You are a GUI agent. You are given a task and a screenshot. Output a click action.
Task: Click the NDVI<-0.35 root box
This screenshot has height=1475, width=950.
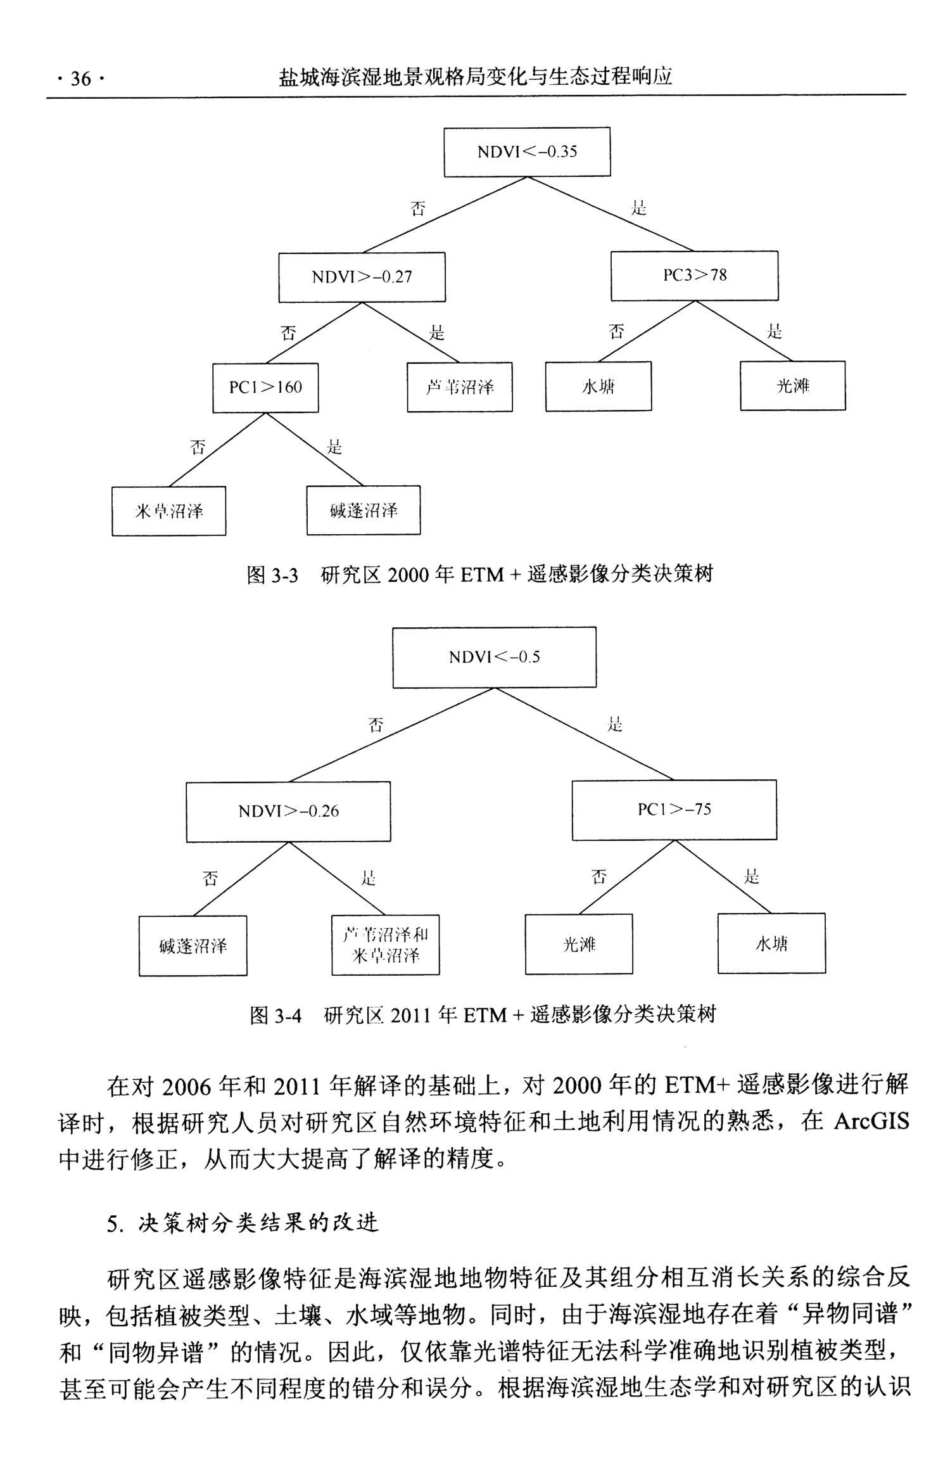527,152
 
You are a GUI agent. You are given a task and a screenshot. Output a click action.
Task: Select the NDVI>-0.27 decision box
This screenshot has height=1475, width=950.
362,277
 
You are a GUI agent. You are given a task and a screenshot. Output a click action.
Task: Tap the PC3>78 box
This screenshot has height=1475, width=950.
694,276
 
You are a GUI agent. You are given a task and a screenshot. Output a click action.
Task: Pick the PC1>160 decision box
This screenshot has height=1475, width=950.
265,387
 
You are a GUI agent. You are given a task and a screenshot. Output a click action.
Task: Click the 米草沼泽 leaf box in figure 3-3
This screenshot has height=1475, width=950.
169,511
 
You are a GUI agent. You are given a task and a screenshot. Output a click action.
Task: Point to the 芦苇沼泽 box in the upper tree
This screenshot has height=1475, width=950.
460,387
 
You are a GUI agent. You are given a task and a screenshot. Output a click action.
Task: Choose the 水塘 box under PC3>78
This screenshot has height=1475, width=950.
598,386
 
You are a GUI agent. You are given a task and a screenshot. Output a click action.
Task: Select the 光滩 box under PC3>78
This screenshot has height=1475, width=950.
792,386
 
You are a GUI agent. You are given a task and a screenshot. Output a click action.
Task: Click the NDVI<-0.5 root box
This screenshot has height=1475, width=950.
494,657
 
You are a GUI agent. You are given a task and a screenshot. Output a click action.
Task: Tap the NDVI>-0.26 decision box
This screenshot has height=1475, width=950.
288,811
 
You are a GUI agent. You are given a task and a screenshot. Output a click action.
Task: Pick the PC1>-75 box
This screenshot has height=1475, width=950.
674,809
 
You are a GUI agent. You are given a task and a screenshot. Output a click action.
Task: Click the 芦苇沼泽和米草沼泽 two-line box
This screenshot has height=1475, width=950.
385,945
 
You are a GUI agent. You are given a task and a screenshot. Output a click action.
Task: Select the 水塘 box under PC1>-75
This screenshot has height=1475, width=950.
771,943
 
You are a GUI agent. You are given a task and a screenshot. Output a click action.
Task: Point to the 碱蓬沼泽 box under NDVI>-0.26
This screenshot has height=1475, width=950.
193,946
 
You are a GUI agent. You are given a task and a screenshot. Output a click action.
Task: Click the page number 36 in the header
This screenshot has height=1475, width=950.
80,79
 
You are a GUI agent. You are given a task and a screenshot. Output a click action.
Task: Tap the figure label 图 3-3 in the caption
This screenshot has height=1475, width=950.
272,575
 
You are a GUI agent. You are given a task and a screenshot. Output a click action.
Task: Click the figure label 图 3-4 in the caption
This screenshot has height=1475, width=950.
275,1015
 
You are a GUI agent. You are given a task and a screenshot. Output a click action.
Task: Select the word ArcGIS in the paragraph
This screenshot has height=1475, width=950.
871,1121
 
